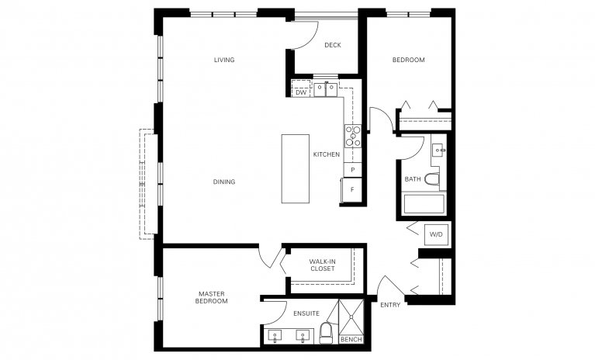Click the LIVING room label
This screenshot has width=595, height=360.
pos(224,60)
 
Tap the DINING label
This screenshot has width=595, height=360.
pos(224,182)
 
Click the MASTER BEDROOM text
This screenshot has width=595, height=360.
pos(212,296)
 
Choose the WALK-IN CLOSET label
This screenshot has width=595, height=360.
pos(322,265)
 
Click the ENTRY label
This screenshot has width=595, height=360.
pos(390,305)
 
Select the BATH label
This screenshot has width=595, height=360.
pos(413,179)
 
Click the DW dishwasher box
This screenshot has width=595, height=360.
pos(300,93)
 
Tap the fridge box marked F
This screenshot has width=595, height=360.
pos(352,189)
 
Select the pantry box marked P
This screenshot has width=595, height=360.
pos(352,170)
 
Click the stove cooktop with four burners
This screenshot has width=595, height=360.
pos(353,136)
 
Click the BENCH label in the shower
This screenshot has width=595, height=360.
pos(351,340)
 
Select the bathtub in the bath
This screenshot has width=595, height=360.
pos(424,206)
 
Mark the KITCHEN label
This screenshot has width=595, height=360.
pos(326,154)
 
